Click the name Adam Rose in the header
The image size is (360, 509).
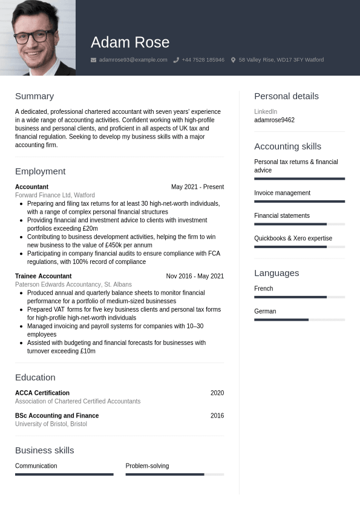point(130,42)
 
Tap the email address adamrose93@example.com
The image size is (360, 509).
point(133,60)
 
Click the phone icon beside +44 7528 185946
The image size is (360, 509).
point(176,60)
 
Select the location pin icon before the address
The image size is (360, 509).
point(233,60)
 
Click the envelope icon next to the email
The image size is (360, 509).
point(93,60)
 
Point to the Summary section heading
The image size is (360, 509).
point(34,96)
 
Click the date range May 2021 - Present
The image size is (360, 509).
point(197,187)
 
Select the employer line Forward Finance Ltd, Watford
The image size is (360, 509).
point(55,195)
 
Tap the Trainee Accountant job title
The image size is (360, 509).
point(43,276)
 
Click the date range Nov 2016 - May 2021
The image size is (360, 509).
point(195,276)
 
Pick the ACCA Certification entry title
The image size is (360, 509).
point(42,393)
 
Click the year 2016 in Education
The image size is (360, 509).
point(217,416)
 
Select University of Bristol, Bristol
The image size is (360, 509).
point(51,424)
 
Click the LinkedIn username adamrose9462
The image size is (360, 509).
point(274,120)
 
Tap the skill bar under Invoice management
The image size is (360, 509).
point(299,202)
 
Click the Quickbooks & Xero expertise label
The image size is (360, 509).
point(293,238)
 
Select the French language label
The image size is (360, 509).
point(263,289)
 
